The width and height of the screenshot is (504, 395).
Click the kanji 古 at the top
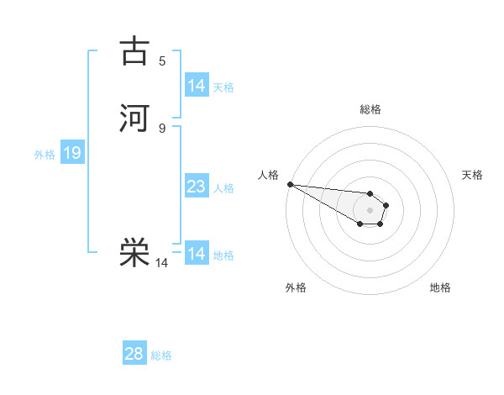[x=134, y=51]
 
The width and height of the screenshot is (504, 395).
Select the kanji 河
[x=134, y=118]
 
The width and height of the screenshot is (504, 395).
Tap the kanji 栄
[x=134, y=253]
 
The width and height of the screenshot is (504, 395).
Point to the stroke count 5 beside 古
[x=162, y=61]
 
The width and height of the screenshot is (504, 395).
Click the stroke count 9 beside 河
[x=162, y=128]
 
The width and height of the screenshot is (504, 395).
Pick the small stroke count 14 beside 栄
[x=162, y=263]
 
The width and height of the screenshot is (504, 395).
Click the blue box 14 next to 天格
[x=197, y=86]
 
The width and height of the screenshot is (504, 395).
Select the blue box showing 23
[x=197, y=187]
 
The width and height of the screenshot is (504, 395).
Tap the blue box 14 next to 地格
[x=197, y=254]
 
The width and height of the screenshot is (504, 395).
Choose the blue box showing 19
[x=72, y=153]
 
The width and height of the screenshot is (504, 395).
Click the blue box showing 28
[x=134, y=354]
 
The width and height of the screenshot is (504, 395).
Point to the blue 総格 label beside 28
[x=162, y=355]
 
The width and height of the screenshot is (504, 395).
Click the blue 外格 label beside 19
[x=45, y=155]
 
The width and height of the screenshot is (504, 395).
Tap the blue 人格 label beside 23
[x=224, y=188]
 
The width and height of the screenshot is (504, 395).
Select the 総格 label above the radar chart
[x=370, y=109]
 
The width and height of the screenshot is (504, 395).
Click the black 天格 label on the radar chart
[x=473, y=175]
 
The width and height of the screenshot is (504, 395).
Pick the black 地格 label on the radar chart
[x=440, y=287]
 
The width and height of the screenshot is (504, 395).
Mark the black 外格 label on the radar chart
[x=296, y=287]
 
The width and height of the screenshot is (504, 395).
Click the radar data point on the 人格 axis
[x=290, y=184]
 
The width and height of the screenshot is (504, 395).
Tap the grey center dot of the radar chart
[x=370, y=210]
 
